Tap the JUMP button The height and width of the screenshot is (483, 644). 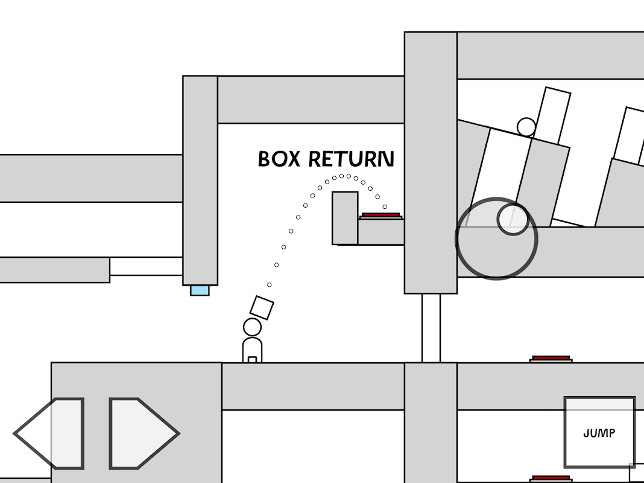click(599, 432)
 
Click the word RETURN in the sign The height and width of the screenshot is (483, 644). click(352, 159)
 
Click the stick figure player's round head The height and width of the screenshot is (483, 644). click(252, 327)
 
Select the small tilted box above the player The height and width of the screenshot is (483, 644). click(262, 307)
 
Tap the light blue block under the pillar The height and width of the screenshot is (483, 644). click(200, 290)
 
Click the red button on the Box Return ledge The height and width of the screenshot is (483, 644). click(380, 215)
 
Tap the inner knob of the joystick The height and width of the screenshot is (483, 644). click(513, 219)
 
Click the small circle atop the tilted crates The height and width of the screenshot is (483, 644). click(526, 127)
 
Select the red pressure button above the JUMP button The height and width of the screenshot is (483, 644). click(551, 359)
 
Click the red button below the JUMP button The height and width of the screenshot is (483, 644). click(551, 478)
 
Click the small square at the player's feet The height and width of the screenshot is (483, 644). click(252, 360)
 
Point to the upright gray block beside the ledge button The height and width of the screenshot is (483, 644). click(345, 217)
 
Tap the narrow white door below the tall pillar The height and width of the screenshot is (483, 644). click(431, 328)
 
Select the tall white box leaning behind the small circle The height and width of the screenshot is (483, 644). click(554, 115)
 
